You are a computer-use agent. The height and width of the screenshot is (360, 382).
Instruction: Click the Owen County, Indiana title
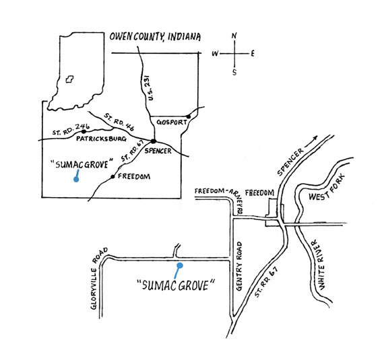coord(155,37)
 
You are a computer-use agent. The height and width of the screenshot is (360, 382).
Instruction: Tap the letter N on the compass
coord(234,36)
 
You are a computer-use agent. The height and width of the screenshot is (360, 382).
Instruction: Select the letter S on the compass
coord(234,72)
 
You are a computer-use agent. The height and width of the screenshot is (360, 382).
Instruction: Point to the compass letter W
coord(215,54)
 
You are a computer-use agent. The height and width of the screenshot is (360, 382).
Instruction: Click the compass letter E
coord(253,54)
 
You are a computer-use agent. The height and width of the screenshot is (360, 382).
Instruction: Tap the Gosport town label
coord(172,122)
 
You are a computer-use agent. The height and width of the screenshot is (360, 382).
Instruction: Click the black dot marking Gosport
coord(189,116)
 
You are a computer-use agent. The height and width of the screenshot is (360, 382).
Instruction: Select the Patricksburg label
coord(101,139)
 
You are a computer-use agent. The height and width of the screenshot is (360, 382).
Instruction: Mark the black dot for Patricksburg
coord(84,132)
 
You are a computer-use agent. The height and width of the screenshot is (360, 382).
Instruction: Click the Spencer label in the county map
coord(158,151)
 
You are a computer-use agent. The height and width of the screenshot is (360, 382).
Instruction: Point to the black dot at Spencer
coord(153,141)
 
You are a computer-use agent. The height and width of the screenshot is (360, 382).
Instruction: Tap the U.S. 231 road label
coord(150,87)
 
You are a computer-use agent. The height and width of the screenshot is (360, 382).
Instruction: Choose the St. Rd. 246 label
coord(71,129)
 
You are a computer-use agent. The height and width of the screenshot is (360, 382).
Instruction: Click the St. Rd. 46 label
coord(119,122)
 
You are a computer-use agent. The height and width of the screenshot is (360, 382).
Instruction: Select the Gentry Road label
coord(239,266)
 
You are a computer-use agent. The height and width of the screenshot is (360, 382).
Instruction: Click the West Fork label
coord(327,188)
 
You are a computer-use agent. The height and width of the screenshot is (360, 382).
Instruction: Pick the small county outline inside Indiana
coord(70,79)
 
